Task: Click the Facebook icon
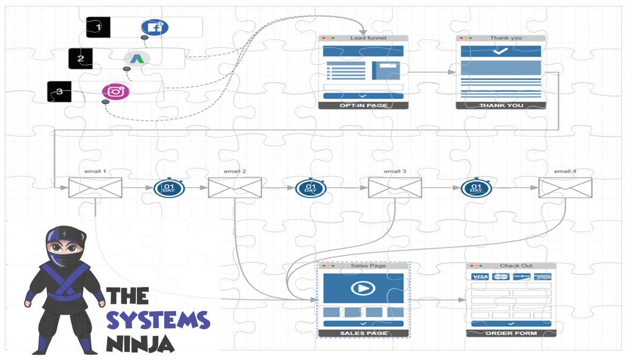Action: (155, 27)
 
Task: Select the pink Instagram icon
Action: (116, 91)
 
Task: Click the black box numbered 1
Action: (98, 27)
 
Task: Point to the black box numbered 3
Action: (59, 91)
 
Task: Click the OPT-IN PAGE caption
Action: (363, 105)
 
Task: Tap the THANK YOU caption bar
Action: (501, 105)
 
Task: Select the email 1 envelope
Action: (95, 188)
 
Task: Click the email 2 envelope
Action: (235, 188)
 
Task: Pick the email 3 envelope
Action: (395, 188)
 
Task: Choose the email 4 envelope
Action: (565, 188)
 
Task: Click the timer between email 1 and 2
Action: (169, 188)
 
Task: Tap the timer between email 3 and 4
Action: (476, 188)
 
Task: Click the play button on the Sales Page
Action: (363, 288)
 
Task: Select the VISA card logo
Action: (480, 277)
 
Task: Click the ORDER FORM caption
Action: (511, 333)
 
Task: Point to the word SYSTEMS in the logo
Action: (158, 320)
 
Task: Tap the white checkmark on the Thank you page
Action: (500, 51)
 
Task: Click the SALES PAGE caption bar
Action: (363, 333)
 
